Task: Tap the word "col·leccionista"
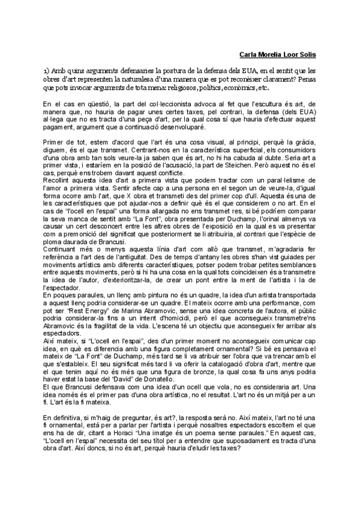[x=151, y=104]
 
